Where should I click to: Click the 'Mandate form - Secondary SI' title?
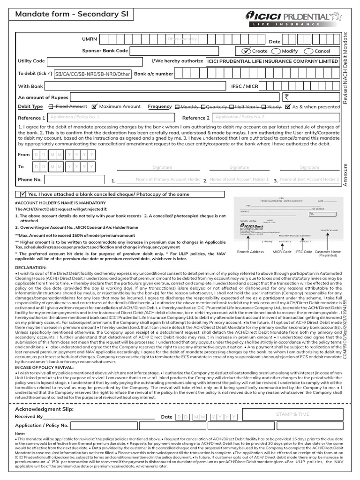click(68, 15)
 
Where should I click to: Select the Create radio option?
click(247, 51)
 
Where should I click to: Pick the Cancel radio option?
click(308, 51)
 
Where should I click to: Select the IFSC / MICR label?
click(245, 86)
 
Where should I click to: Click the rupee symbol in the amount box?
click(287, 97)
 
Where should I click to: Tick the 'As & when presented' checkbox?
click(288, 107)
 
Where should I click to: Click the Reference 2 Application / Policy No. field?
click(276, 118)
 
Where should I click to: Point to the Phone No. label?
click(30, 180)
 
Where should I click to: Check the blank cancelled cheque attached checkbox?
click(22, 194)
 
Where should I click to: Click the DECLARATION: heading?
click(31, 267)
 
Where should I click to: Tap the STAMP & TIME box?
click(292, 414)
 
